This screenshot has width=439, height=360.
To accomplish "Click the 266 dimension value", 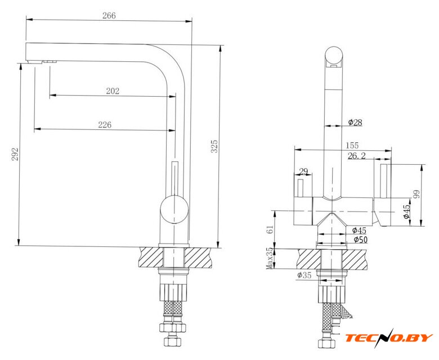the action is point(109,16).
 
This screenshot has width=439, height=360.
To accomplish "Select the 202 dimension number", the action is point(113,91).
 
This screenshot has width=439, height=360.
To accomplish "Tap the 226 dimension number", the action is point(105,124).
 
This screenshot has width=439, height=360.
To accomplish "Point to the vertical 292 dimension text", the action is point(15,154).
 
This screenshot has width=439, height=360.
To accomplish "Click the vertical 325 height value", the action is point(214,146).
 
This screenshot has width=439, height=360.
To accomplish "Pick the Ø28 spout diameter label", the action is point(355,122).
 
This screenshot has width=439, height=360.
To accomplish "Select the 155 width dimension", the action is point(352,146).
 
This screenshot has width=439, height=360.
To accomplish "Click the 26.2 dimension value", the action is point(357,156).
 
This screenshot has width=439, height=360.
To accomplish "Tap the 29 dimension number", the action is point(303,171).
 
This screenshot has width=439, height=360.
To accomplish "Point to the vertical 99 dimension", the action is point(417,194).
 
